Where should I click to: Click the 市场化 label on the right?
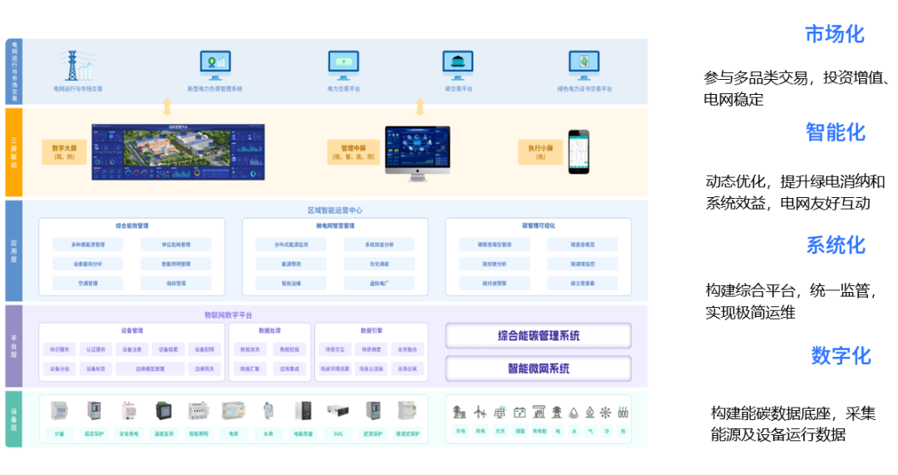pos(835,34)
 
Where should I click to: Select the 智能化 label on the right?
pos(836,132)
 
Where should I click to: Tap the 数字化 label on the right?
pos(841,355)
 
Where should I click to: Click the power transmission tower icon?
pos(78,66)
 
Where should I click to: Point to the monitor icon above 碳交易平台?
pos(458,64)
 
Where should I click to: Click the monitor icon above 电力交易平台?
pos(343,64)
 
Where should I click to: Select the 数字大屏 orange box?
pos(64,151)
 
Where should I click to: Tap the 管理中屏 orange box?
pos(353,151)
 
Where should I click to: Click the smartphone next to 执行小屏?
pos(578,151)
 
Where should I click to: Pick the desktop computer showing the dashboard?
pos(417,152)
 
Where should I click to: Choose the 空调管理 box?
pos(87,284)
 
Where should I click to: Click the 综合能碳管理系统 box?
pos(539,336)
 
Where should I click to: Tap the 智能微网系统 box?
pos(539,369)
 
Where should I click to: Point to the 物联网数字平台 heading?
pos(229,315)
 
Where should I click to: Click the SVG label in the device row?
pos(338,433)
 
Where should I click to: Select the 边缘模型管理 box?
pos(150,369)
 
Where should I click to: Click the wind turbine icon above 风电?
pos(480,412)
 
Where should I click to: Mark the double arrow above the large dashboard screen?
pos(167,106)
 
